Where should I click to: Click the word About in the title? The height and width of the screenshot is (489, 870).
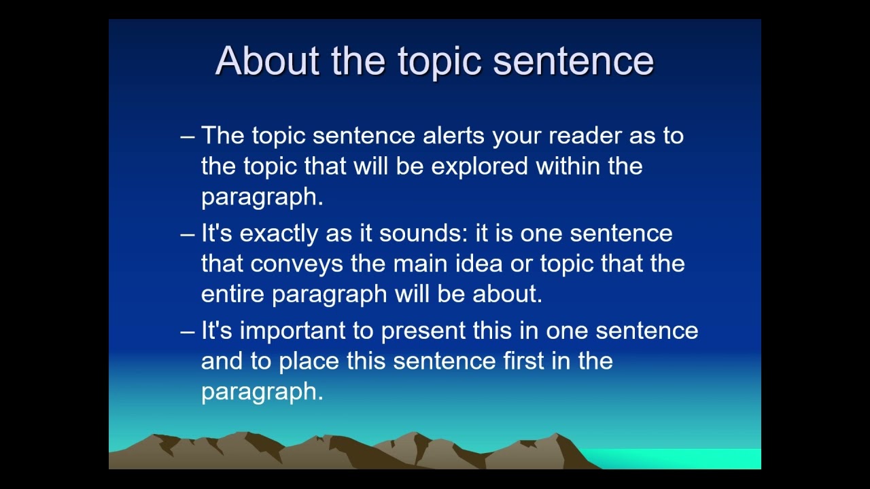[267, 60]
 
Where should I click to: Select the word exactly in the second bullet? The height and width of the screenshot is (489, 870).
[279, 234]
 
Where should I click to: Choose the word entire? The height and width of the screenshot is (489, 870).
[233, 293]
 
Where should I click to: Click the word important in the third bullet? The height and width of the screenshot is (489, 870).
[292, 331]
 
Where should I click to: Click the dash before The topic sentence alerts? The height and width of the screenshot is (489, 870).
[188, 137]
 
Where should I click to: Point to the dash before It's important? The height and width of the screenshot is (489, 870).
[188, 331]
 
